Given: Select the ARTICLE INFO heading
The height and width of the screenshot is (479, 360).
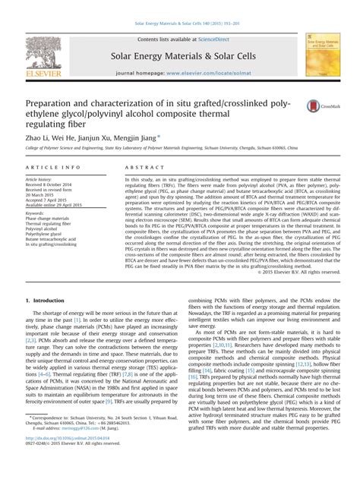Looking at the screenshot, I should tap(49, 167).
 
